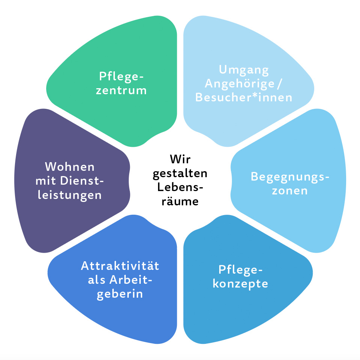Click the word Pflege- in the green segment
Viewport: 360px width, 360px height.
[121, 77]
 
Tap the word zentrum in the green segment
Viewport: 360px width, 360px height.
[121, 91]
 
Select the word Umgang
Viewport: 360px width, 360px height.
[244, 70]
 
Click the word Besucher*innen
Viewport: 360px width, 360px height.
[244, 98]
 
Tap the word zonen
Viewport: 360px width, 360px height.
[290, 190]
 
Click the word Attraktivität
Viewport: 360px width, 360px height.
[120, 266]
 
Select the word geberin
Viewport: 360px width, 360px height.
[120, 294]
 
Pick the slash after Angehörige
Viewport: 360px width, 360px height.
[279, 84]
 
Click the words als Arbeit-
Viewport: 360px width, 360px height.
[121, 280]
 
